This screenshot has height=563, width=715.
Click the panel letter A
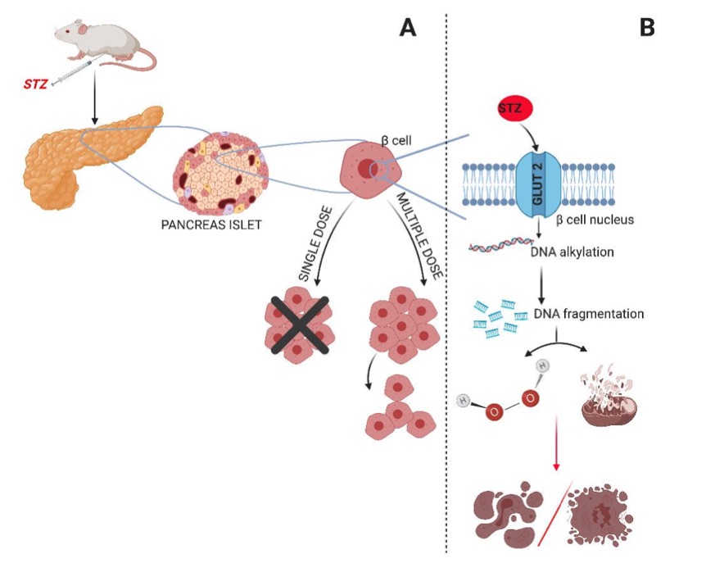tap(408, 29)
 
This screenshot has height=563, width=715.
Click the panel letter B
tap(646, 29)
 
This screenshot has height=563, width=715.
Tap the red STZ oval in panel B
tap(515, 108)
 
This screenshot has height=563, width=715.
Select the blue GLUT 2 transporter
tap(536, 184)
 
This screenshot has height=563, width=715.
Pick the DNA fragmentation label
tap(588, 313)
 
